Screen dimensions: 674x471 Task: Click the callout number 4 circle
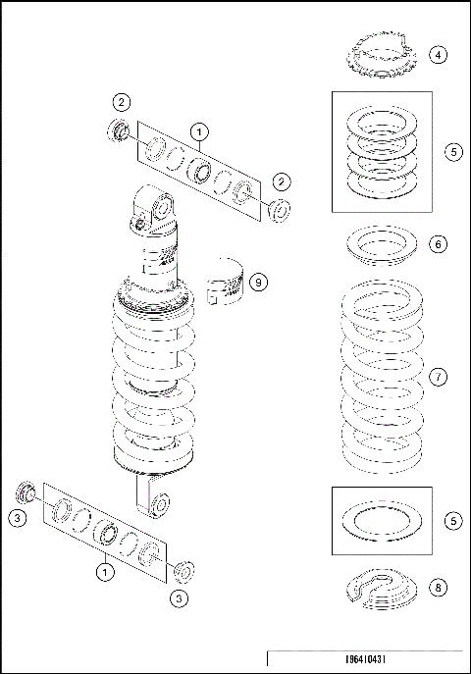tap(439, 55)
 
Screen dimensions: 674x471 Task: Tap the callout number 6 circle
tap(439, 243)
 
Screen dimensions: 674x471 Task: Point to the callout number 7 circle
tap(439, 377)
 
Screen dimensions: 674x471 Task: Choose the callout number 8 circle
tap(439, 588)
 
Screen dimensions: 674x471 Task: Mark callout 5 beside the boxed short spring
tap(452, 152)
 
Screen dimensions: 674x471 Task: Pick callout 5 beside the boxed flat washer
tap(452, 521)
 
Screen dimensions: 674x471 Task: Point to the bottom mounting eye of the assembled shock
tap(158, 505)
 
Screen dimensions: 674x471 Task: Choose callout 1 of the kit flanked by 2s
tap(199, 130)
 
